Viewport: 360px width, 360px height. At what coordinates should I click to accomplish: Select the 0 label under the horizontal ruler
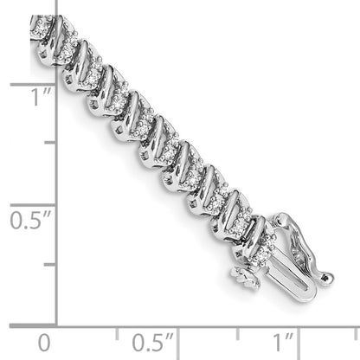45,341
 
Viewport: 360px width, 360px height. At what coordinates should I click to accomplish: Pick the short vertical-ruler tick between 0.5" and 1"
50,144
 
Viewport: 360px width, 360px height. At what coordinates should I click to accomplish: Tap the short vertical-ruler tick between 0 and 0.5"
50,265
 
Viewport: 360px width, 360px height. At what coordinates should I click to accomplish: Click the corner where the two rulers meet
57,325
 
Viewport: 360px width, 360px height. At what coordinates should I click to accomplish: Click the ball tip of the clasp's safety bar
327,279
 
